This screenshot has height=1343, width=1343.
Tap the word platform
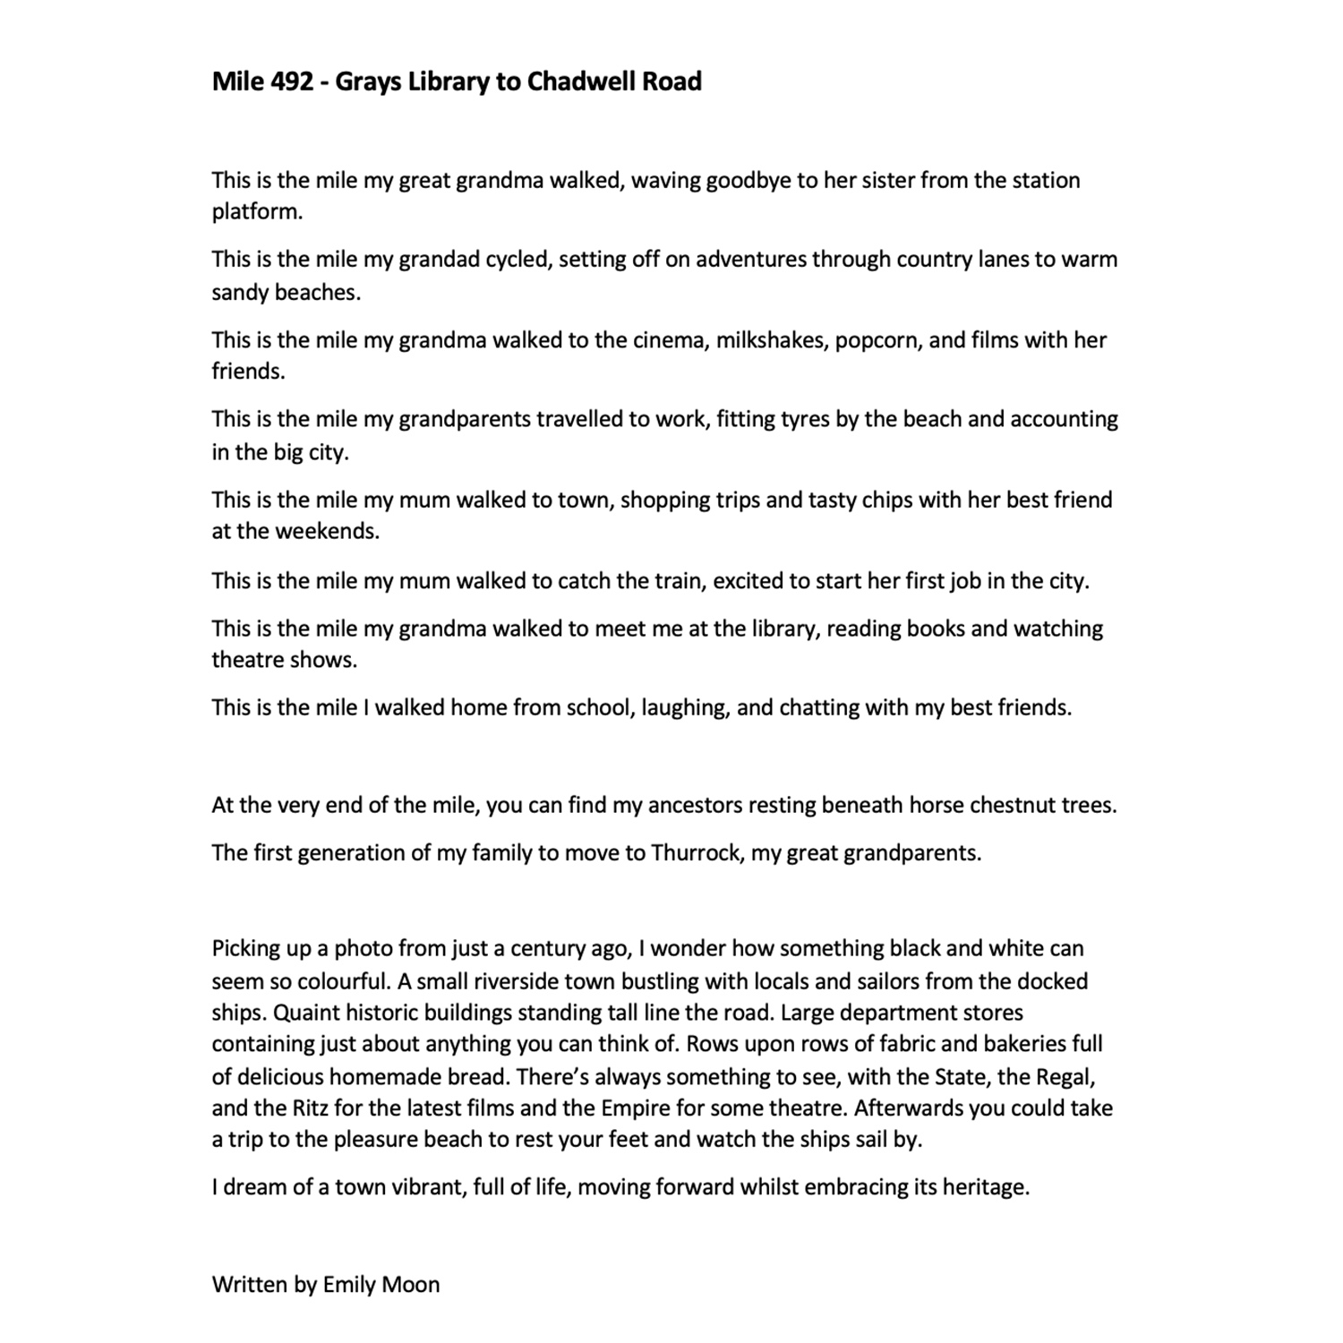point(256,212)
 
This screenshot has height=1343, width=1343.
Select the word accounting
point(1064,419)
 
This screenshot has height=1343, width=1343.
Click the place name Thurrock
point(696,852)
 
